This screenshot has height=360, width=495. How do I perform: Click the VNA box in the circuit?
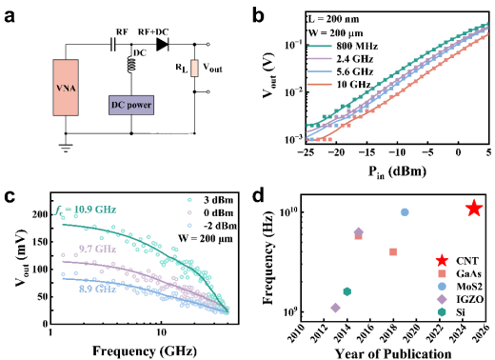[x=66, y=88]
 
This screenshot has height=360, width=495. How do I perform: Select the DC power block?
[x=131, y=105]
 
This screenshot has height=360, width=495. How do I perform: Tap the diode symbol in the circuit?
[x=163, y=45]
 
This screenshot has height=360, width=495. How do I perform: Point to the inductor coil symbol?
[x=131, y=65]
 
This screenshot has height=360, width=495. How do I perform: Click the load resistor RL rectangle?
[x=194, y=69]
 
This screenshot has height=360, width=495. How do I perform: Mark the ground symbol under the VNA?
[x=66, y=148]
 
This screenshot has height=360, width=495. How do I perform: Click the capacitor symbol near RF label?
[x=113, y=45]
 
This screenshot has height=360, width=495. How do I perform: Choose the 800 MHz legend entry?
[x=343, y=47]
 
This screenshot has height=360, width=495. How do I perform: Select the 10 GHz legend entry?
[x=339, y=85]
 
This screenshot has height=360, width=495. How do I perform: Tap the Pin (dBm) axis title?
[x=397, y=172]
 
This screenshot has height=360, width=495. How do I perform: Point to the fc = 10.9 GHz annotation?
[x=85, y=210]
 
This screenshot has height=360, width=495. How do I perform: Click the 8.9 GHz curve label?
[x=97, y=289]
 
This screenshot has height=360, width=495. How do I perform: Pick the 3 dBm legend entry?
[x=211, y=200]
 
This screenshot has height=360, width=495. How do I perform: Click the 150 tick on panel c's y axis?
[x=40, y=242]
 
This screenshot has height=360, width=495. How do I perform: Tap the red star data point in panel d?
[x=474, y=209]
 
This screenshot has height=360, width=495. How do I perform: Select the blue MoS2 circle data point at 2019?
[x=405, y=212]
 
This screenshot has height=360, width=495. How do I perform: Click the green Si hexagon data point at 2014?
[x=347, y=291]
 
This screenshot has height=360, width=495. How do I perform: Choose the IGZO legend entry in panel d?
[x=460, y=299]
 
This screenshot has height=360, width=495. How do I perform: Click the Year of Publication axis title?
[x=393, y=353]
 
